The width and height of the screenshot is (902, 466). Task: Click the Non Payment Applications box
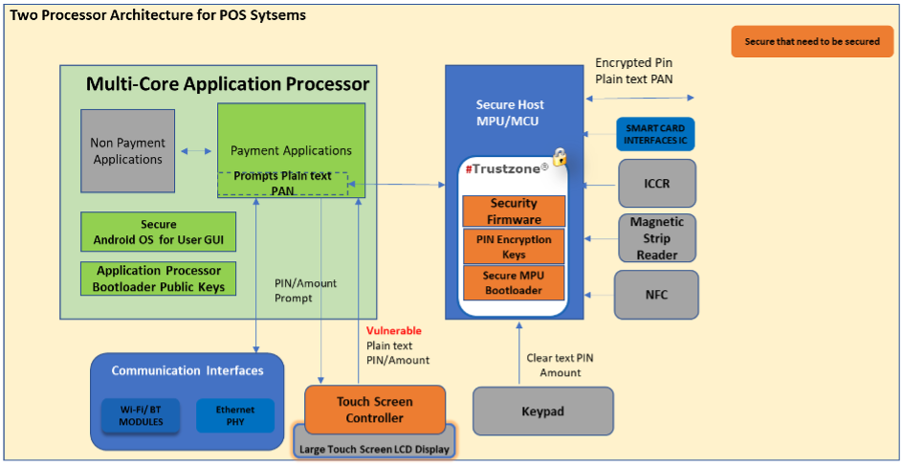(127, 150)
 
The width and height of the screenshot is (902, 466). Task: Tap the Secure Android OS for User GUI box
(158, 232)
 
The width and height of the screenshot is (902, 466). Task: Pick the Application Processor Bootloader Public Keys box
(158, 278)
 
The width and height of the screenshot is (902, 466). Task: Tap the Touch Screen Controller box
(374, 410)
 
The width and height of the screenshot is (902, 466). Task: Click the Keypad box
(542, 411)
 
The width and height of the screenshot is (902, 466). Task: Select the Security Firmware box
(514, 211)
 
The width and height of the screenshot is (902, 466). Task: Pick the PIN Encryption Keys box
(514, 246)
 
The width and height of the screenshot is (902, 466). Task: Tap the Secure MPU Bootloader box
(514, 282)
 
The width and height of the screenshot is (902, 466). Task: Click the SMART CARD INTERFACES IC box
(655, 135)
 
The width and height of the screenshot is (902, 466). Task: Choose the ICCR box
(657, 183)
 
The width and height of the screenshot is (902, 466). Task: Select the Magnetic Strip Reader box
(657, 237)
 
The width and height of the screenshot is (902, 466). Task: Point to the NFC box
(657, 294)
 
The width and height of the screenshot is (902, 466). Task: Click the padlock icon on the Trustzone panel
(560, 156)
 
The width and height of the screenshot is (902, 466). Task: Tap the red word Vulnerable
(393, 330)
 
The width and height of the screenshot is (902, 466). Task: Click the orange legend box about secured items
(811, 42)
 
